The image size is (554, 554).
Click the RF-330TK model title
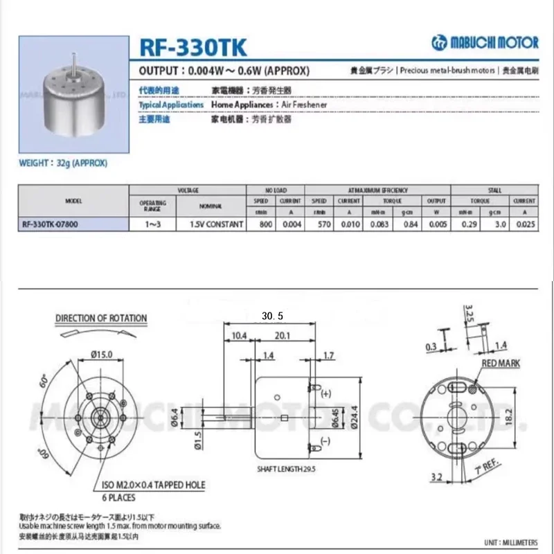click(x=192, y=48)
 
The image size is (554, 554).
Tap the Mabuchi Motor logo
click(x=484, y=42)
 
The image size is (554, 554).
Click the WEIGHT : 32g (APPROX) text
click(x=63, y=163)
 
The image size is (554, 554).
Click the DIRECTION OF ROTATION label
click(x=101, y=319)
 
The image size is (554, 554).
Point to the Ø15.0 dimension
click(x=102, y=355)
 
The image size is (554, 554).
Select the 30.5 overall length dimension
click(x=273, y=316)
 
